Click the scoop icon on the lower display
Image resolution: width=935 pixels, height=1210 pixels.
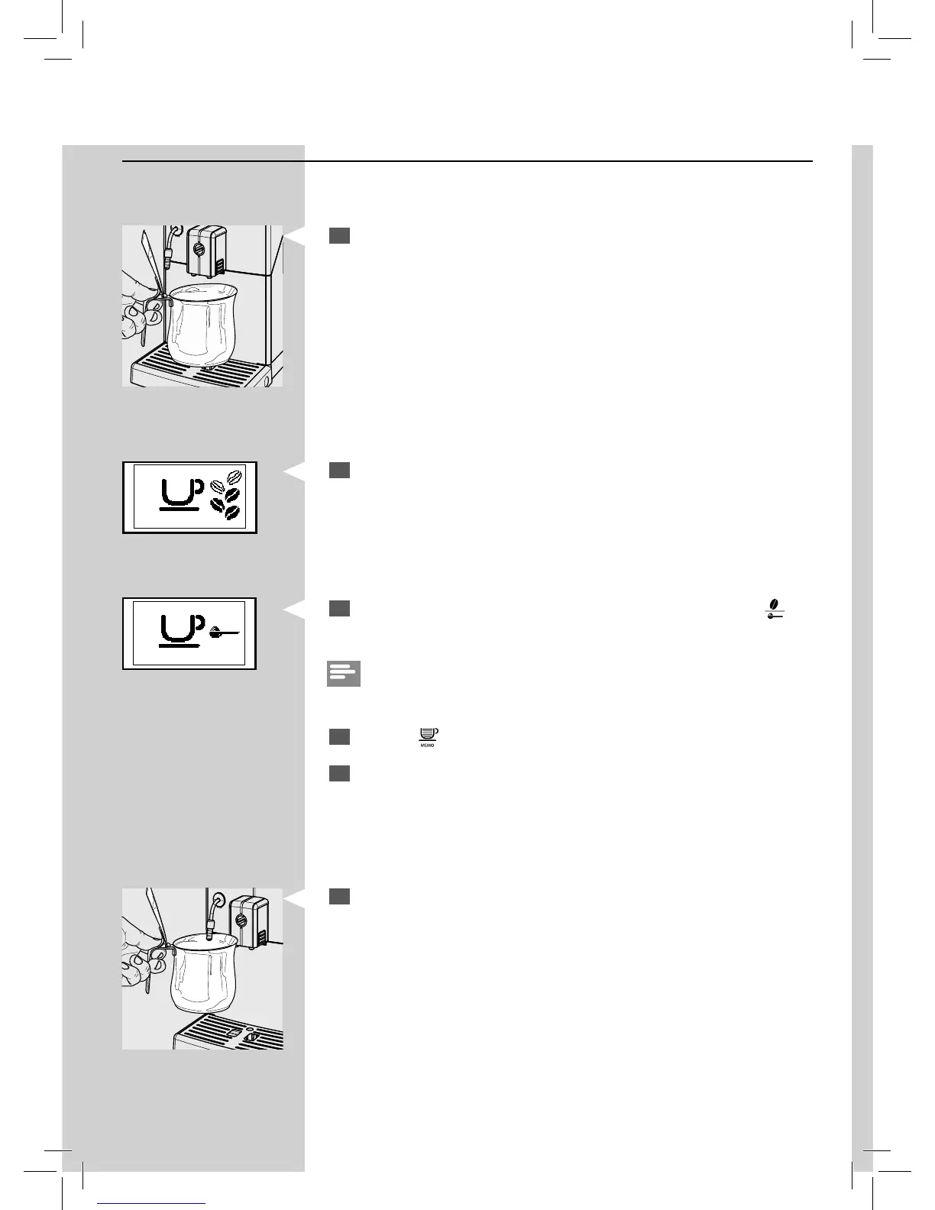(223, 631)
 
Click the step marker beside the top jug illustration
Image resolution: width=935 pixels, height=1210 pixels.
(340, 235)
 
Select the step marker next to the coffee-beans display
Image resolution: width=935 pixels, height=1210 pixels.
(340, 471)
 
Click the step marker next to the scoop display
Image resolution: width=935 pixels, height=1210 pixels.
(340, 608)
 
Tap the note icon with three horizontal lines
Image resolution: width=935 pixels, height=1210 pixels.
(343, 674)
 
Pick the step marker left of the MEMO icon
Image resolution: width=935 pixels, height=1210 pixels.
(340, 736)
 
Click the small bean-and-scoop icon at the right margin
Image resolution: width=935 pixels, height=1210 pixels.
(776, 607)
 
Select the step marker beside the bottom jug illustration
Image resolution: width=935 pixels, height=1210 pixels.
(340, 896)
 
